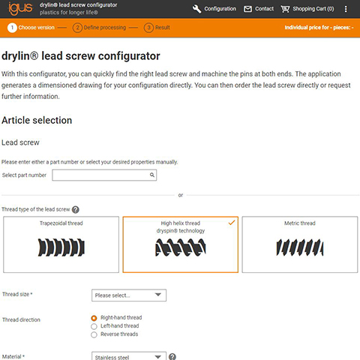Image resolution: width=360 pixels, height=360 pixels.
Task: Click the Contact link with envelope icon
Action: [x=259, y=9]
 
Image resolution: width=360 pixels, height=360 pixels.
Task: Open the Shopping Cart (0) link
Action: [x=307, y=9]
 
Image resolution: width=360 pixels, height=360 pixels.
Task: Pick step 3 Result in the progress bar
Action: [x=158, y=28]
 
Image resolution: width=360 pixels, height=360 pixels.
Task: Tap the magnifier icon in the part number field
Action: [x=151, y=175]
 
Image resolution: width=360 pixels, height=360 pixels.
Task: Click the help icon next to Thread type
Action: [x=76, y=210]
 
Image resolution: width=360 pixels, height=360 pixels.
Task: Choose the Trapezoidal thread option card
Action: [x=61, y=244]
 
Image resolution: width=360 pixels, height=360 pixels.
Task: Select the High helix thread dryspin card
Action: [x=181, y=244]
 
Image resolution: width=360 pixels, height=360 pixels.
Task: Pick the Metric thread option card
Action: [x=299, y=244]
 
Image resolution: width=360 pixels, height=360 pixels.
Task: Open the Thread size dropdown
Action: [x=128, y=295]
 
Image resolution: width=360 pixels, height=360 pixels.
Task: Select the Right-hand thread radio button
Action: [x=94, y=318]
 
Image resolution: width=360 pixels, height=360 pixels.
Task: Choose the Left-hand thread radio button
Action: [x=94, y=326]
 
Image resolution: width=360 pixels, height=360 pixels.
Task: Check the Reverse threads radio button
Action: [x=94, y=334]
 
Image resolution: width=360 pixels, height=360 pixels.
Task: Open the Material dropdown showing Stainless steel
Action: [x=128, y=356]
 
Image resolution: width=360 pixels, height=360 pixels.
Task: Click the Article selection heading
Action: [x=37, y=120]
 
